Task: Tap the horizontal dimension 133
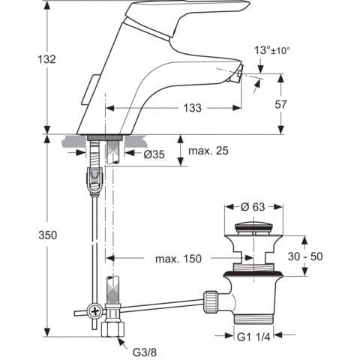[x=192, y=108]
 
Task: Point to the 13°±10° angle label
[x=271, y=50]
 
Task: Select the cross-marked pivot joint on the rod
[x=94, y=309]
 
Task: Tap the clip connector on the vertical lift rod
[x=94, y=181]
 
